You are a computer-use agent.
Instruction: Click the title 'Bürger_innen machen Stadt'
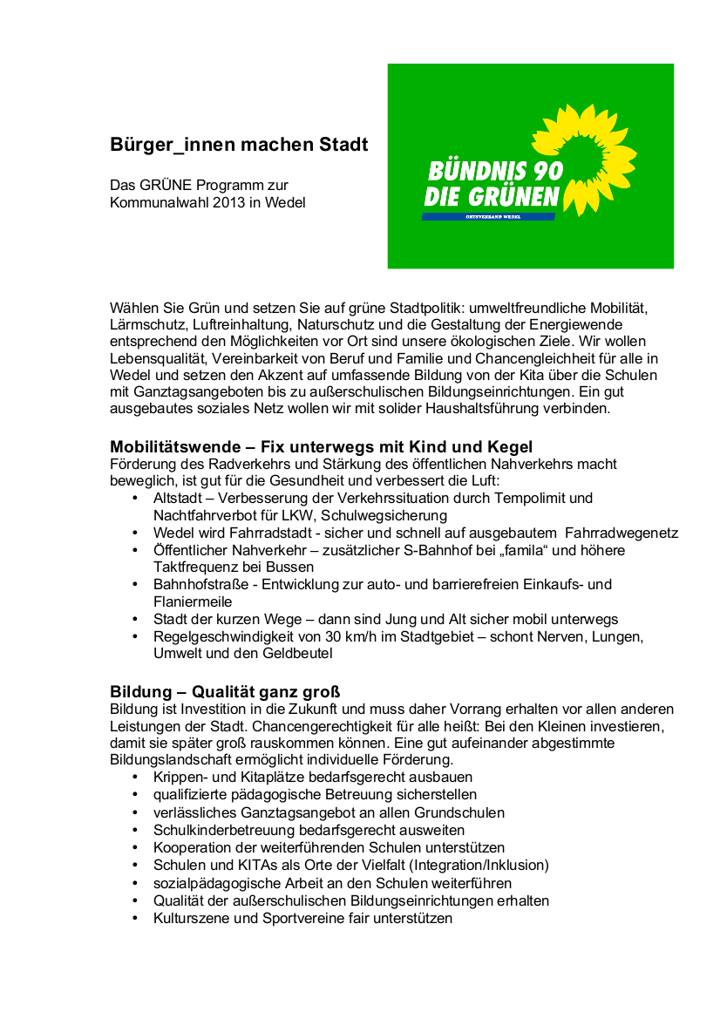point(239,145)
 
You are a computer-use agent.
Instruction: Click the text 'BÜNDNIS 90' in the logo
point(495,171)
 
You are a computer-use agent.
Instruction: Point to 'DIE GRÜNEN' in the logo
point(492,198)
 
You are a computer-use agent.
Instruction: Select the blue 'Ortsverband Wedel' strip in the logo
point(488,216)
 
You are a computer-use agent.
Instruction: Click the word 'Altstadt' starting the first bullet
point(179,498)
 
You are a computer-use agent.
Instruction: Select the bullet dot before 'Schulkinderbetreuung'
point(134,831)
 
